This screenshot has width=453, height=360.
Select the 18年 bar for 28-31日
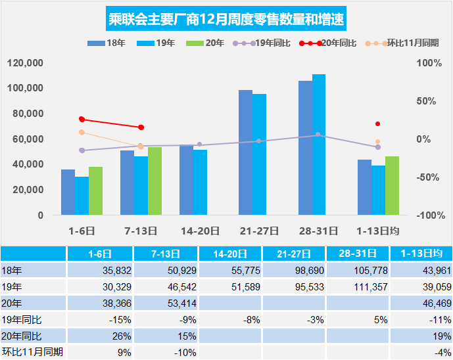coord(305,148)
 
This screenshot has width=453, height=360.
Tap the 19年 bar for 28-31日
coord(319,145)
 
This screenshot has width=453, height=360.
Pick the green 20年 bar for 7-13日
coord(155,181)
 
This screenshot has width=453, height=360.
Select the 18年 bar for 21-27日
coord(245,152)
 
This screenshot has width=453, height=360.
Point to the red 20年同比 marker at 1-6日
coord(82,119)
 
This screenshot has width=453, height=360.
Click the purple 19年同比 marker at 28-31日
coord(318,135)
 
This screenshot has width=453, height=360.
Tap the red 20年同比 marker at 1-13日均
coord(377,124)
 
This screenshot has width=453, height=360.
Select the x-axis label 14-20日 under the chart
coord(200,231)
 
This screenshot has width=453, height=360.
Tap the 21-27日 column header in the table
coord(294,254)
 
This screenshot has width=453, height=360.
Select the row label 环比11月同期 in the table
coord(33,352)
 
